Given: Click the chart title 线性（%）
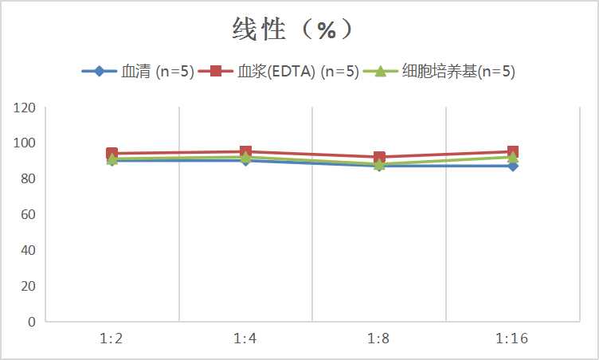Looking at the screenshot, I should tap(292, 29).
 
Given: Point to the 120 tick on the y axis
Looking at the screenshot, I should tap(25, 108).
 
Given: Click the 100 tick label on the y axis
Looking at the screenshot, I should tap(25, 143).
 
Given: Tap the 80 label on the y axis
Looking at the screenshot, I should tap(28, 178).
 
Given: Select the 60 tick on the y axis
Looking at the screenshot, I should tap(28, 214).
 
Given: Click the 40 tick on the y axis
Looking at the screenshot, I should tap(28, 250).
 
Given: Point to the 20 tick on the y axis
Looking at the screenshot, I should tap(28, 286).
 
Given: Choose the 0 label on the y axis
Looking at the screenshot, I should tap(31, 322).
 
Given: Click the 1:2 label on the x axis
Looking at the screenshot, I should tap(112, 338).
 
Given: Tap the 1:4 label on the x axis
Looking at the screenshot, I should tap(245, 338).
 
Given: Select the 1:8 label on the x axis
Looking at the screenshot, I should tap(378, 338).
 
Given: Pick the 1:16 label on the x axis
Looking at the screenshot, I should tap(512, 338).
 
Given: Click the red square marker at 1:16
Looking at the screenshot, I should tap(513, 151).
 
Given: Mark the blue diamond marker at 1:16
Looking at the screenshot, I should tap(513, 166).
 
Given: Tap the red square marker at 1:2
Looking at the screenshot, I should tap(112, 153).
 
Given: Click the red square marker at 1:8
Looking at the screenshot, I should tap(379, 157).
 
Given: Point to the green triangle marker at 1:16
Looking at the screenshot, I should tap(513, 157).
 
